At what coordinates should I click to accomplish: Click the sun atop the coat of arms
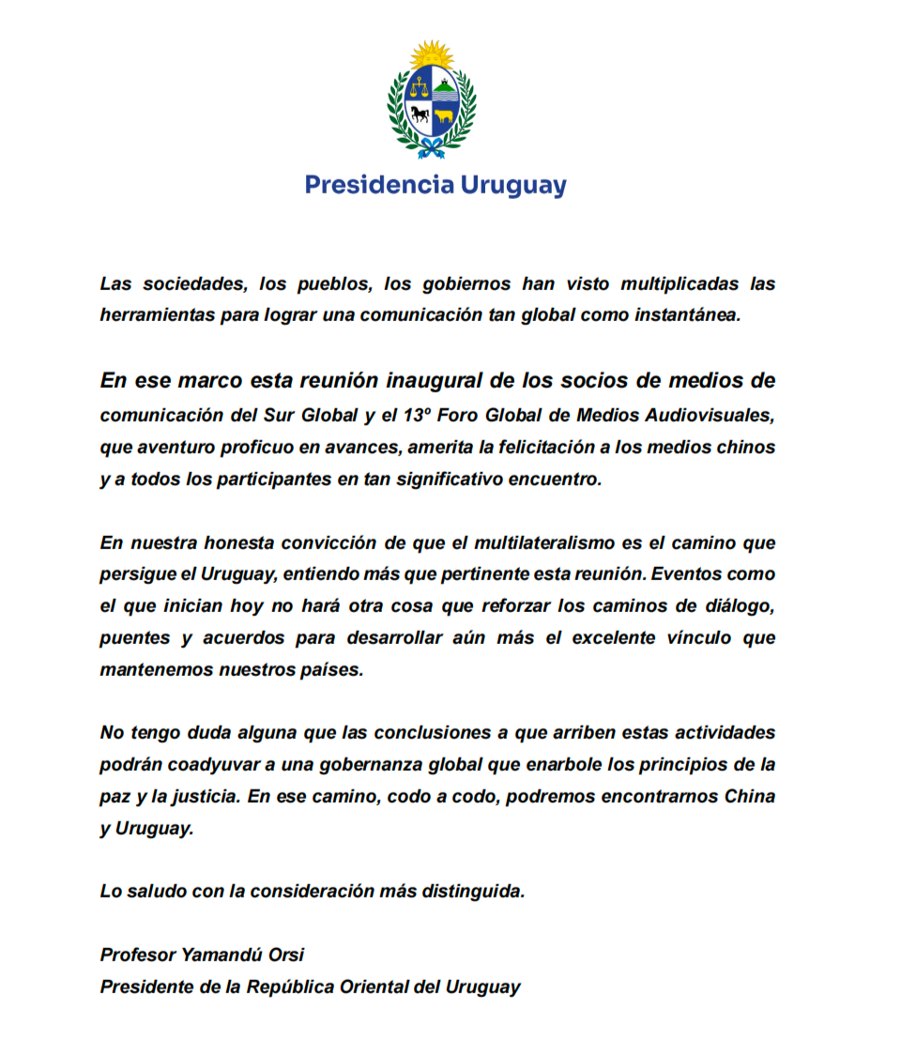433,55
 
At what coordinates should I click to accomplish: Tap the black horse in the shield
419,115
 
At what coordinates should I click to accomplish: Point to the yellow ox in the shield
444,116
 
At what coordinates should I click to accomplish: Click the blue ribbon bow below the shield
432,147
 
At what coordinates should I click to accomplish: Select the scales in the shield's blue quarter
419,89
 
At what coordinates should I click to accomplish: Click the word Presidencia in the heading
379,185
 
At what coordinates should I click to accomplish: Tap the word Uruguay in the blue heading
512,186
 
